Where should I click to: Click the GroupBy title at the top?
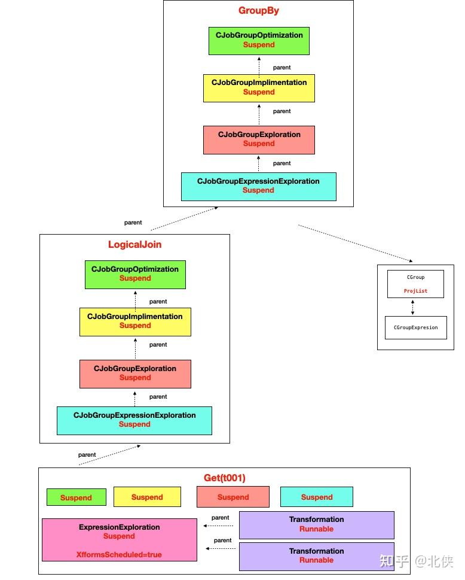click(x=258, y=11)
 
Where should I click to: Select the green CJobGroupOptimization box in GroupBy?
click(x=259, y=40)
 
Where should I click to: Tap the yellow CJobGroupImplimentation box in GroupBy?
click(x=259, y=87)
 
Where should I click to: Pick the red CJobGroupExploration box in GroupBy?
click(x=259, y=139)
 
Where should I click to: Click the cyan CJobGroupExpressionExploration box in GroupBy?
click(x=258, y=186)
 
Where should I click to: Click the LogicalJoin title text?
click(x=134, y=245)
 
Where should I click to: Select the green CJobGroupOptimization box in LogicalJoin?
click(x=135, y=274)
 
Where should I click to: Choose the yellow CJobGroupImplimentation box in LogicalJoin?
click(x=135, y=321)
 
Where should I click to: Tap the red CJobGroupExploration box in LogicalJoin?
click(x=135, y=373)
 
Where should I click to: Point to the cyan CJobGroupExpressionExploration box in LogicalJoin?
click(x=134, y=420)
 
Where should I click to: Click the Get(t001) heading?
click(x=225, y=478)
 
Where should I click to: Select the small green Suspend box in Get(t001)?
click(x=77, y=497)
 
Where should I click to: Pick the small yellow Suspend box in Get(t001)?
click(x=147, y=497)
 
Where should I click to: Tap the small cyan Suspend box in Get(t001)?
click(x=317, y=497)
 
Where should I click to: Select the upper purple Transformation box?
click(x=316, y=524)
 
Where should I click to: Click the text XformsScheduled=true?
click(x=119, y=555)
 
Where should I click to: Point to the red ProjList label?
click(x=415, y=291)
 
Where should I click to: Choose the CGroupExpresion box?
click(x=415, y=327)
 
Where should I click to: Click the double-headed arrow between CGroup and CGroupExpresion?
click(x=413, y=307)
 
